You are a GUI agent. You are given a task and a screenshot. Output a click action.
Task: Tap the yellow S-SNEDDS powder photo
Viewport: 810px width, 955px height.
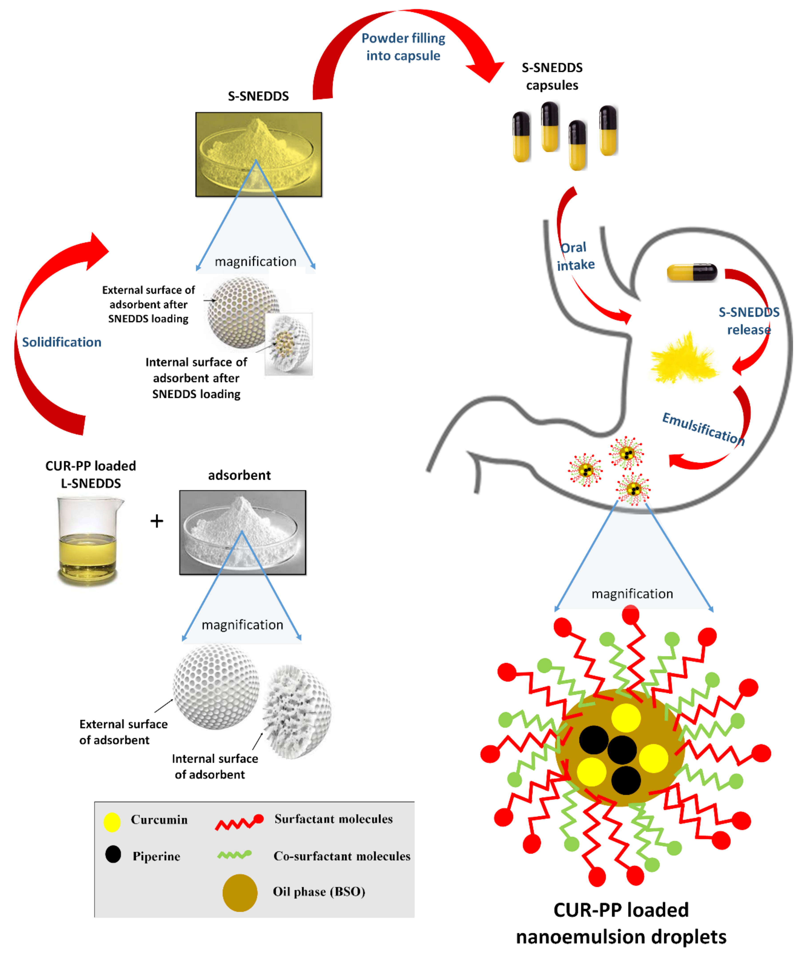click(258, 154)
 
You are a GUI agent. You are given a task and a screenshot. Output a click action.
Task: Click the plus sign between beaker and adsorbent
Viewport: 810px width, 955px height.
click(157, 521)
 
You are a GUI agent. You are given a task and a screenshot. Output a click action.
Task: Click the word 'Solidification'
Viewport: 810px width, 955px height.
click(62, 342)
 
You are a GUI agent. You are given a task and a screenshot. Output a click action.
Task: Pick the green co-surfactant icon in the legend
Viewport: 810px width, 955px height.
click(234, 855)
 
